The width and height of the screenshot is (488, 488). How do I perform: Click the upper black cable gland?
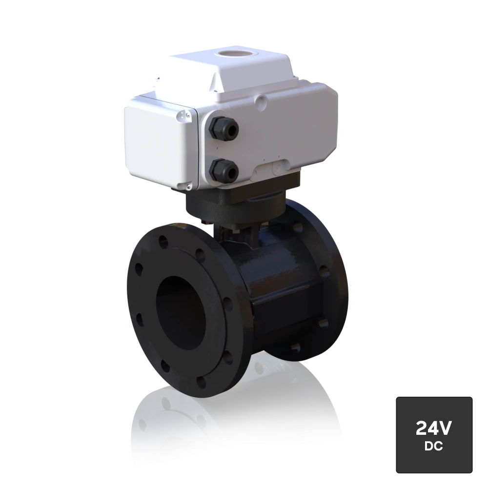point(224,127)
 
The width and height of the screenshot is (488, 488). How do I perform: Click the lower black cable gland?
point(224,170)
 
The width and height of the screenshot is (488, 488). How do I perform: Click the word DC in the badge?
point(433,447)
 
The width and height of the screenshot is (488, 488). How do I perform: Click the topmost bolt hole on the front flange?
point(163,241)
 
